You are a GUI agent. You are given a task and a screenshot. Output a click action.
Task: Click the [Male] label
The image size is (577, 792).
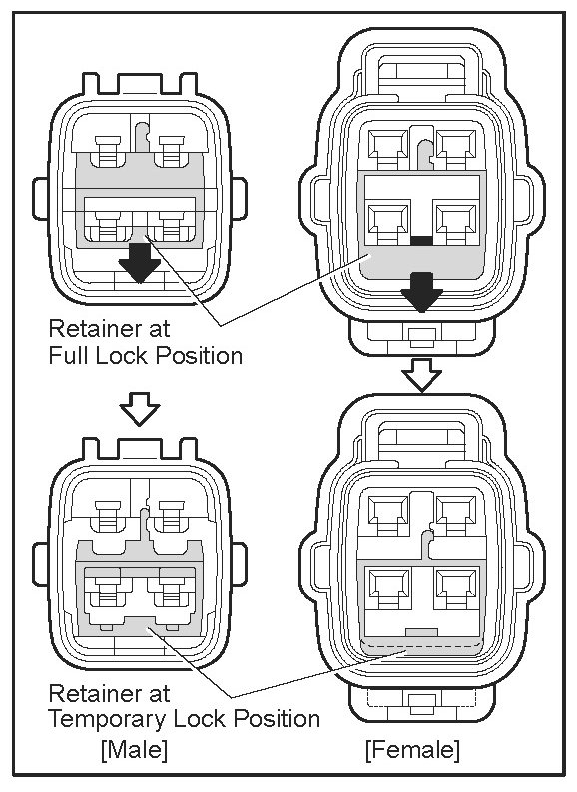pyautogui.click(x=134, y=749)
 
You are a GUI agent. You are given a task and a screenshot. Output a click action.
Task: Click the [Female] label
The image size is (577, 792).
pyautogui.click(x=412, y=749)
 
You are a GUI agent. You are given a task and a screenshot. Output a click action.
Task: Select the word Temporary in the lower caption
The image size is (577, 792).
pyautogui.click(x=109, y=719)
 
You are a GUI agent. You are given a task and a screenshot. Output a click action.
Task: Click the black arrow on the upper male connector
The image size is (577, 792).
pyautogui.click(x=140, y=262)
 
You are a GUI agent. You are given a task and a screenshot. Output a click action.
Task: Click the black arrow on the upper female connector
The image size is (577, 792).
pyautogui.click(x=421, y=292)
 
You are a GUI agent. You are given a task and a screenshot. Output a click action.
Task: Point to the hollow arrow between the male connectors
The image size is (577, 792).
pyautogui.click(x=140, y=409)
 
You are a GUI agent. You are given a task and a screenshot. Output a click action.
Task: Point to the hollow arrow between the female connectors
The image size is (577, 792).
pyautogui.click(x=421, y=375)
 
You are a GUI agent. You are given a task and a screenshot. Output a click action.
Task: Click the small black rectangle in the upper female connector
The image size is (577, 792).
pyautogui.click(x=421, y=241)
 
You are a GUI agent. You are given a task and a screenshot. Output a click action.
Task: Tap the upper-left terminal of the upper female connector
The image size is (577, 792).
pyautogui.click(x=388, y=147)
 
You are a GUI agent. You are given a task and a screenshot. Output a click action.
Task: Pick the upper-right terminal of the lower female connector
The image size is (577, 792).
pyautogui.click(x=456, y=513)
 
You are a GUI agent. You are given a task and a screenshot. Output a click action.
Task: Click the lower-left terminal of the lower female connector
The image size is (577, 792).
pyautogui.click(x=389, y=587)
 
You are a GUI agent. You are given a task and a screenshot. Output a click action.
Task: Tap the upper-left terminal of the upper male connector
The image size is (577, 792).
pyautogui.click(x=108, y=151)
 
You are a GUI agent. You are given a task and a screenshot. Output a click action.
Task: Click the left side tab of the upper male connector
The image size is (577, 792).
pyautogui.click(x=41, y=199)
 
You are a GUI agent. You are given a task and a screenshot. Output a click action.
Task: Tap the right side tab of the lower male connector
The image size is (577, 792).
pyautogui.click(x=240, y=565)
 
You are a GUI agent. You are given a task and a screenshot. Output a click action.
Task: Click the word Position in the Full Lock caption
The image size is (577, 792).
pyautogui.click(x=199, y=355)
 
